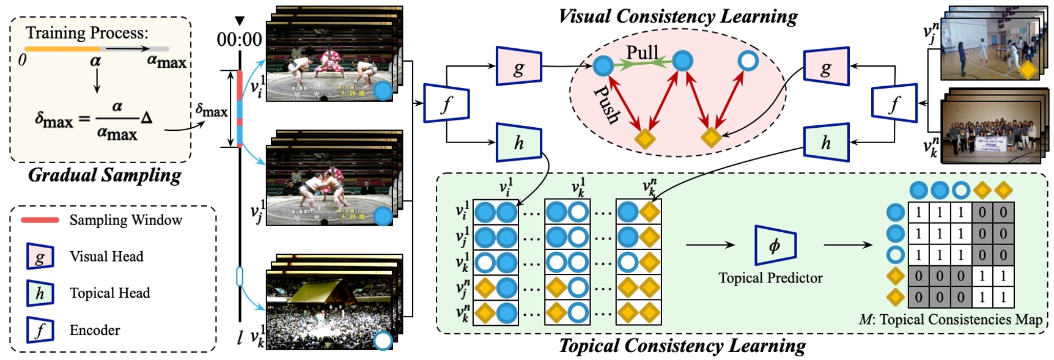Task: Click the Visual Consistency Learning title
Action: (678, 17)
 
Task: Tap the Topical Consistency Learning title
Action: (682, 346)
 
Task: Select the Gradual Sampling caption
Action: (105, 175)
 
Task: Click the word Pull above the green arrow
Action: (643, 53)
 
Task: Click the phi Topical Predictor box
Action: (775, 245)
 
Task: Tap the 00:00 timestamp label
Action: (239, 40)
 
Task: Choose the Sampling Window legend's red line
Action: (40, 220)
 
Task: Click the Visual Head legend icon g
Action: (40, 257)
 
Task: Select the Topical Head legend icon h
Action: (40, 293)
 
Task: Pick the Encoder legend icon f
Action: (40, 331)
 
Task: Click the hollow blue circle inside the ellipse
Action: (748, 61)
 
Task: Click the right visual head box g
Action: (826, 67)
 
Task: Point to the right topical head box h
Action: (826, 142)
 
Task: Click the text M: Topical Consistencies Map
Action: (950, 319)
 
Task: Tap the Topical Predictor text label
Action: (770, 278)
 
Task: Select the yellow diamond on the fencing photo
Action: (1028, 70)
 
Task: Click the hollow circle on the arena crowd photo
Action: (383, 340)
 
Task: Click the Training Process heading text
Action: (87, 32)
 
